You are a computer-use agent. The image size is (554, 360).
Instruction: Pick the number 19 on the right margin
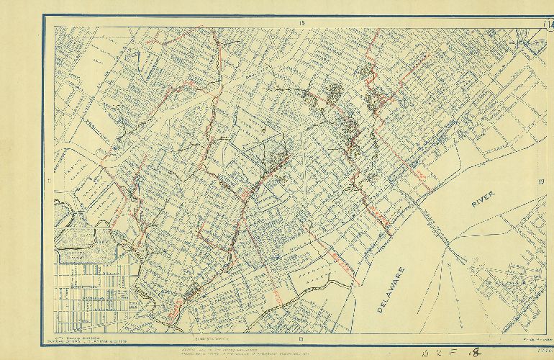click(x=540, y=182)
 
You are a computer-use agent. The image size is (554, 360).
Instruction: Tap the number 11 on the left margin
click(x=49, y=180)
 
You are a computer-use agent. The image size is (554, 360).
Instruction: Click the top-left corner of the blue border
click(x=43, y=17)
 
